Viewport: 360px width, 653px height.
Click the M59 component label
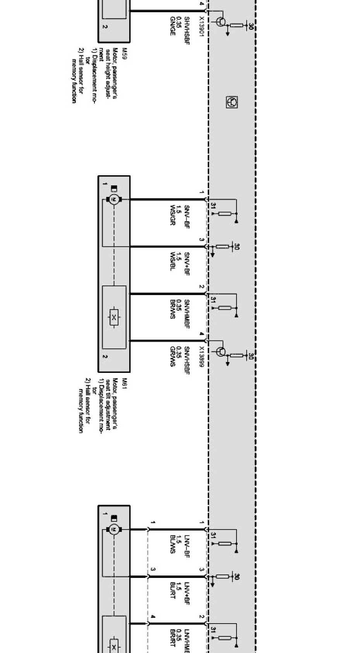tap(124, 51)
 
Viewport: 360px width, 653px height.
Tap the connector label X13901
tap(201, 26)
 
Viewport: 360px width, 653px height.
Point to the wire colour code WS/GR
tap(172, 215)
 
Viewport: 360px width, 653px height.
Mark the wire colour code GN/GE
tap(172, 26)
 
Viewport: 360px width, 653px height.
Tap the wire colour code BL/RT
tap(172, 591)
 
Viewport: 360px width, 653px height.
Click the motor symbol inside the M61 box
tap(114, 200)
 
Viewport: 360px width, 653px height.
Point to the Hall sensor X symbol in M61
tap(114, 318)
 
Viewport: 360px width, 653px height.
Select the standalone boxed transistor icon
tap(232, 102)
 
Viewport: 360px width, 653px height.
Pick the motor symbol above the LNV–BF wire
tap(114, 529)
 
